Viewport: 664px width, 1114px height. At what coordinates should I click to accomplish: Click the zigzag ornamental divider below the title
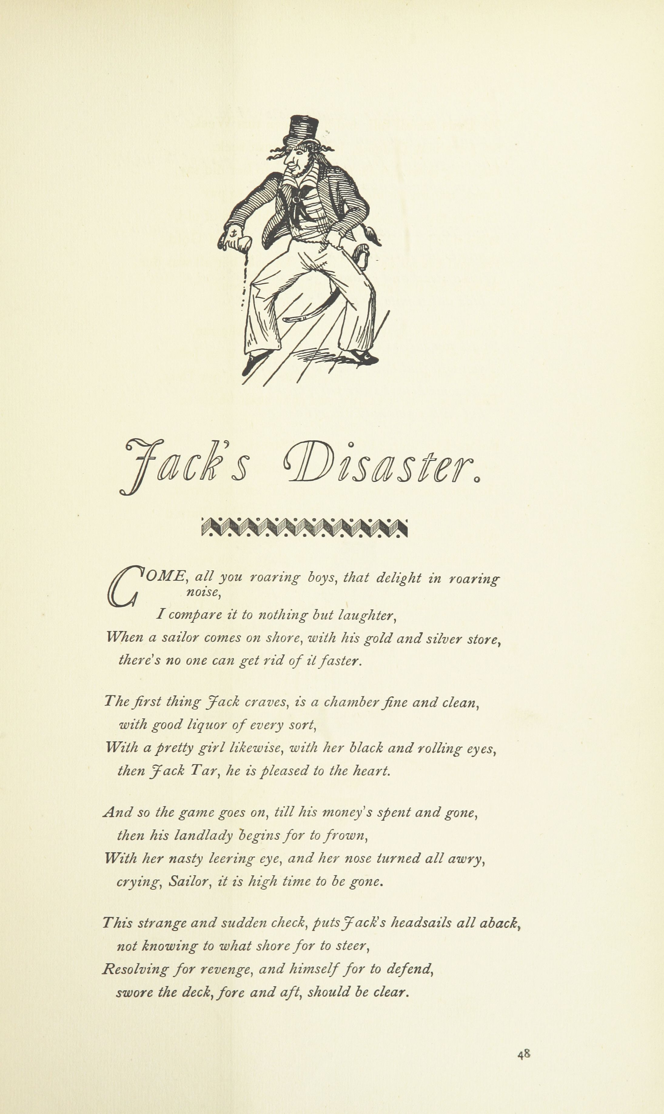click(x=304, y=528)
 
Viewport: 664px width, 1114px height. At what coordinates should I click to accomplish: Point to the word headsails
click(x=421, y=923)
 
